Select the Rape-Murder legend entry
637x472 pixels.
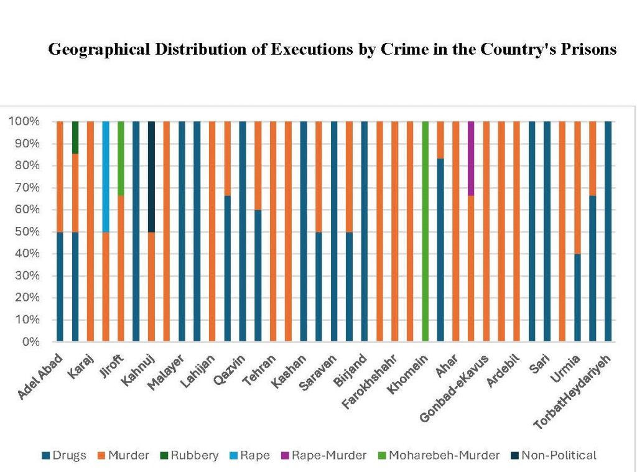click(327, 455)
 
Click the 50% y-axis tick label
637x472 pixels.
click(26, 232)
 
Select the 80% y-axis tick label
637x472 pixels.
click(26, 166)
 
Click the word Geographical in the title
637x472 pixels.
click(99, 50)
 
